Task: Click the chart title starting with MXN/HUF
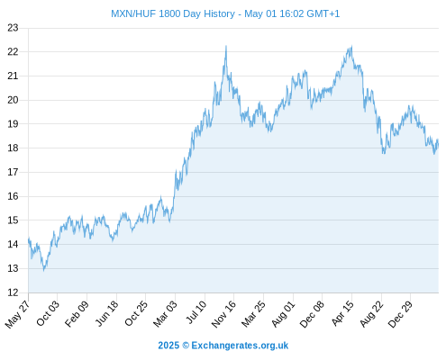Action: (225, 13)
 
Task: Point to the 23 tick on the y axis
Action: (13, 28)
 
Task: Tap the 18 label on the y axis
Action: (13, 148)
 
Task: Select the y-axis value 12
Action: (13, 292)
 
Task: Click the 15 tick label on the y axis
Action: (13, 220)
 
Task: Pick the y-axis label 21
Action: (13, 76)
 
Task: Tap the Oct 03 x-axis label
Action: (48, 313)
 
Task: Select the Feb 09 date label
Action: (77, 313)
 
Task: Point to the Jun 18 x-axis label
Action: (106, 313)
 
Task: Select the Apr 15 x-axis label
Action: (342, 313)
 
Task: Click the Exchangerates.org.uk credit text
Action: (223, 346)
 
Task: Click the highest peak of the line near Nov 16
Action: (226, 46)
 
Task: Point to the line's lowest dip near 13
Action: (44, 270)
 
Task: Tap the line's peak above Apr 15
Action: (351, 46)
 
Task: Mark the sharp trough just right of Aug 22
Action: (383, 154)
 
